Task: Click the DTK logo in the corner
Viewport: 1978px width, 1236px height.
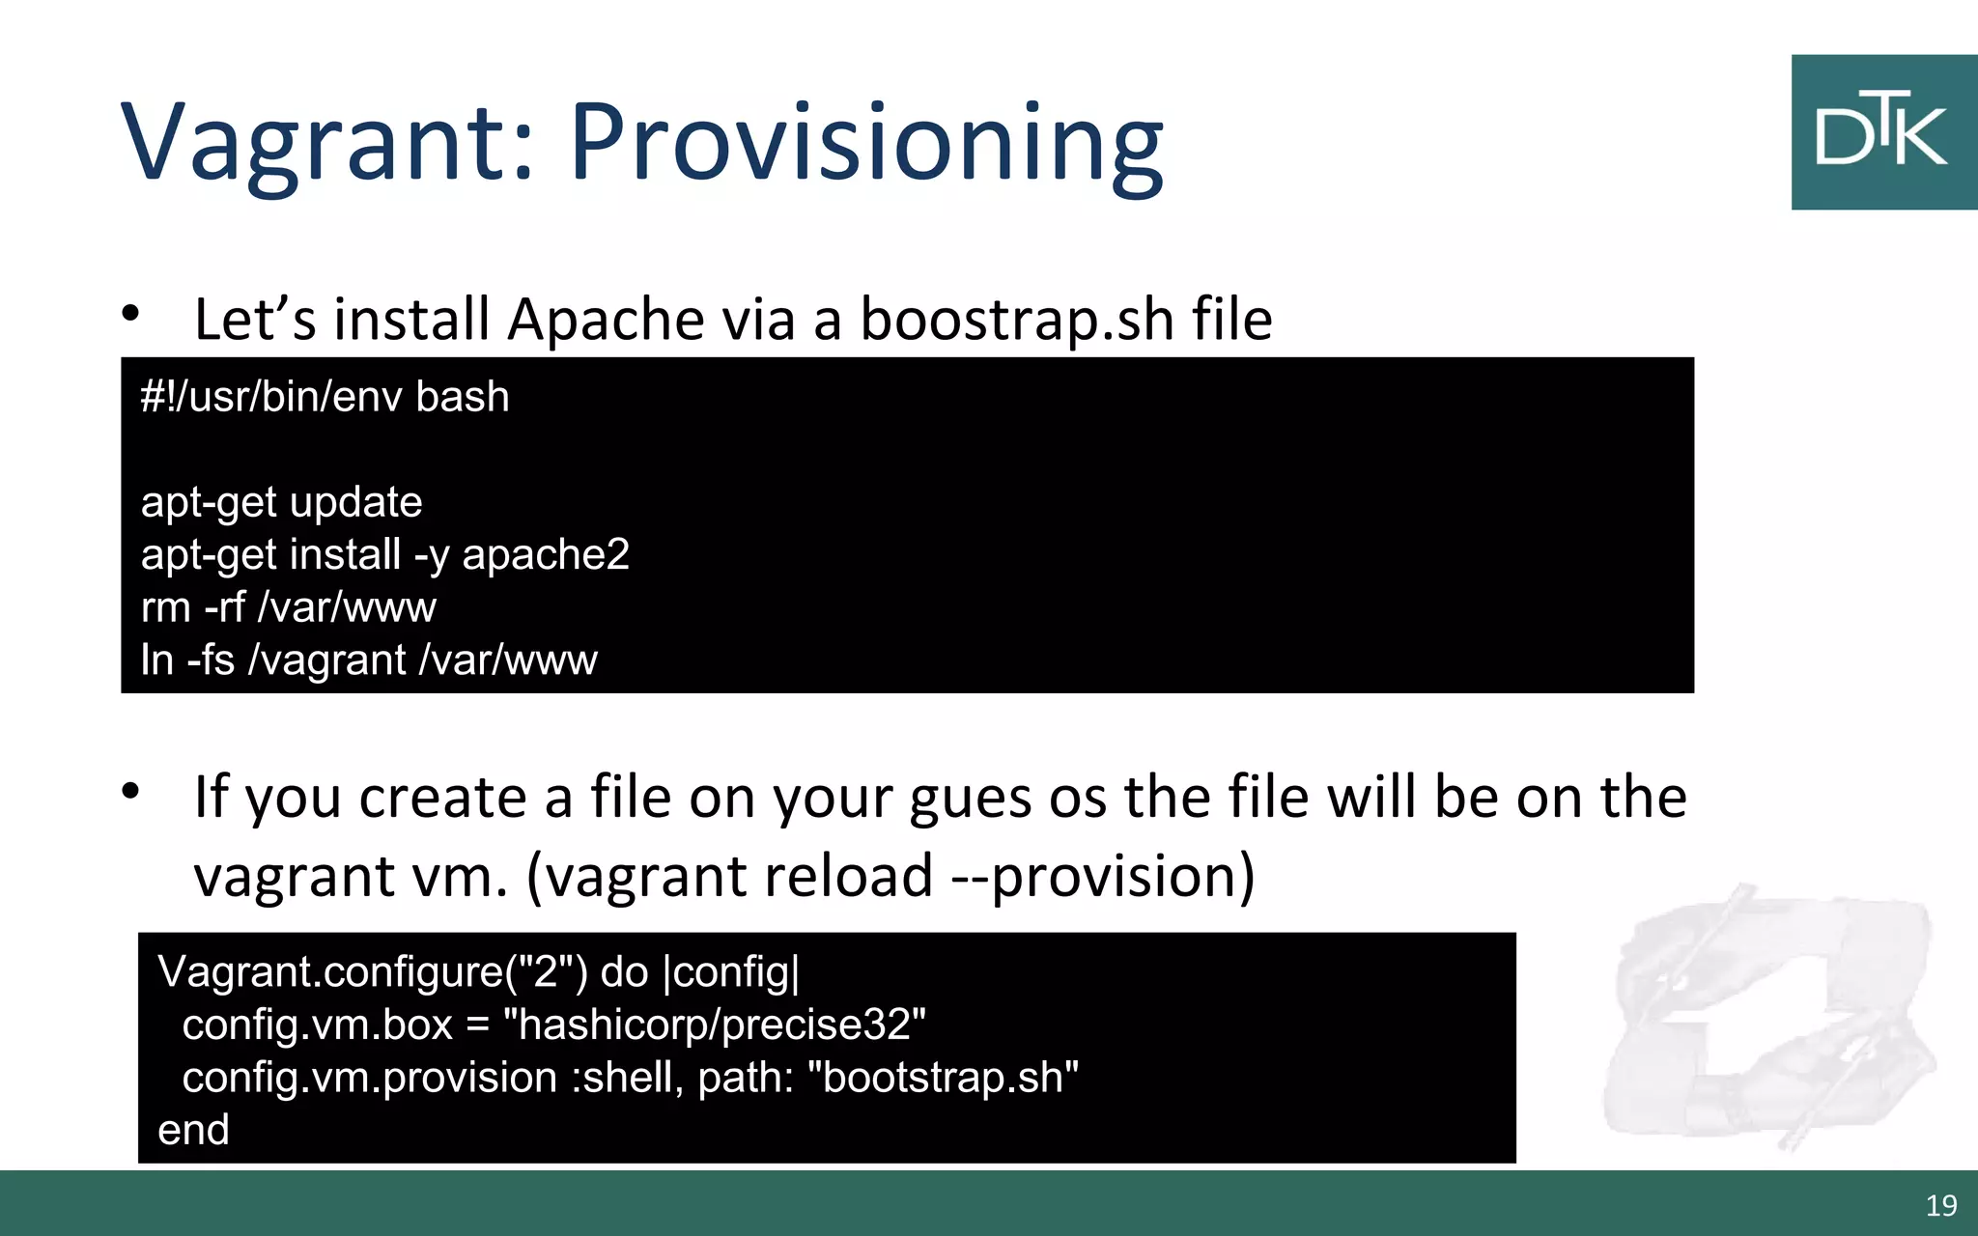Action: [x=1882, y=132]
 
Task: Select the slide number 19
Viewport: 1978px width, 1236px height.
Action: [x=1940, y=1205]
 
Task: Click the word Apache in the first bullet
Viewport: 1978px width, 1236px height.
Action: [x=606, y=320]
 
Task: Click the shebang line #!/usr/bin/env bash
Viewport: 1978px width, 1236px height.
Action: [x=325, y=397]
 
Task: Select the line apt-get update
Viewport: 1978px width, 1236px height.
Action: [x=281, y=502]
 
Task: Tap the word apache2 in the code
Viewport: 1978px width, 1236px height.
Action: [x=546, y=555]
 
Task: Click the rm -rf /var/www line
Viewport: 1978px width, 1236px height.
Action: [x=288, y=607]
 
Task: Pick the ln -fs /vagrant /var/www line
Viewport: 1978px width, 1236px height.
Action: [x=368, y=660]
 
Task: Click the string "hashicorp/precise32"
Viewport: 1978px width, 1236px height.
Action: [x=715, y=1025]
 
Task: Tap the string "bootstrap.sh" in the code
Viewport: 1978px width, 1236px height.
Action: [x=948, y=1078]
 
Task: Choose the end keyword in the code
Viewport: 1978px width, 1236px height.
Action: [x=193, y=1130]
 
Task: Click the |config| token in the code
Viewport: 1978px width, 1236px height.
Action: [x=732, y=971]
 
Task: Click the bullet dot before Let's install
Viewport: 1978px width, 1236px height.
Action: [x=131, y=313]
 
